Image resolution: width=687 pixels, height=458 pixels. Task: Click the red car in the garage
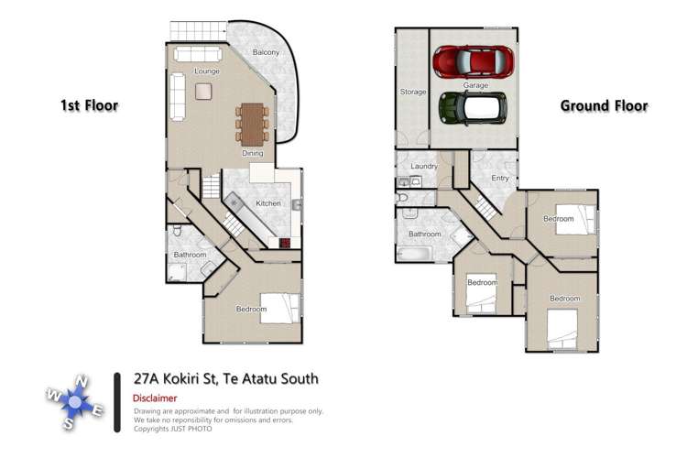473,62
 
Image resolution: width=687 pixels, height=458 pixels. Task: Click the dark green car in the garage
473,107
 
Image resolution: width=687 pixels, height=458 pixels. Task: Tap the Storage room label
411,93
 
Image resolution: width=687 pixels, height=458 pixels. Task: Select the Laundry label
423,166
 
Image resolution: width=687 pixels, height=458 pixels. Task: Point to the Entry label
500,178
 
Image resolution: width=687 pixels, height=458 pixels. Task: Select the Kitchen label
267,202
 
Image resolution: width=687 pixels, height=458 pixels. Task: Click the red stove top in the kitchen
284,243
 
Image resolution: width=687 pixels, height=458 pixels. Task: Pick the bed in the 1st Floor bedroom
278,306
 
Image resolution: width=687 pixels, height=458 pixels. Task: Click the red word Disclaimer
156,398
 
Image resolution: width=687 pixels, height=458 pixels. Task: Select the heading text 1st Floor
89,105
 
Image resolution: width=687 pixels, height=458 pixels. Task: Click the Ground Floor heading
604,105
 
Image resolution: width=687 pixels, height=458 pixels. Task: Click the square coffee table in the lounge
202,91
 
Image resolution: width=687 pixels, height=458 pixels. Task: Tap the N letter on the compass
82,380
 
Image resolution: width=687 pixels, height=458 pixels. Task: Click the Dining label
253,153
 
